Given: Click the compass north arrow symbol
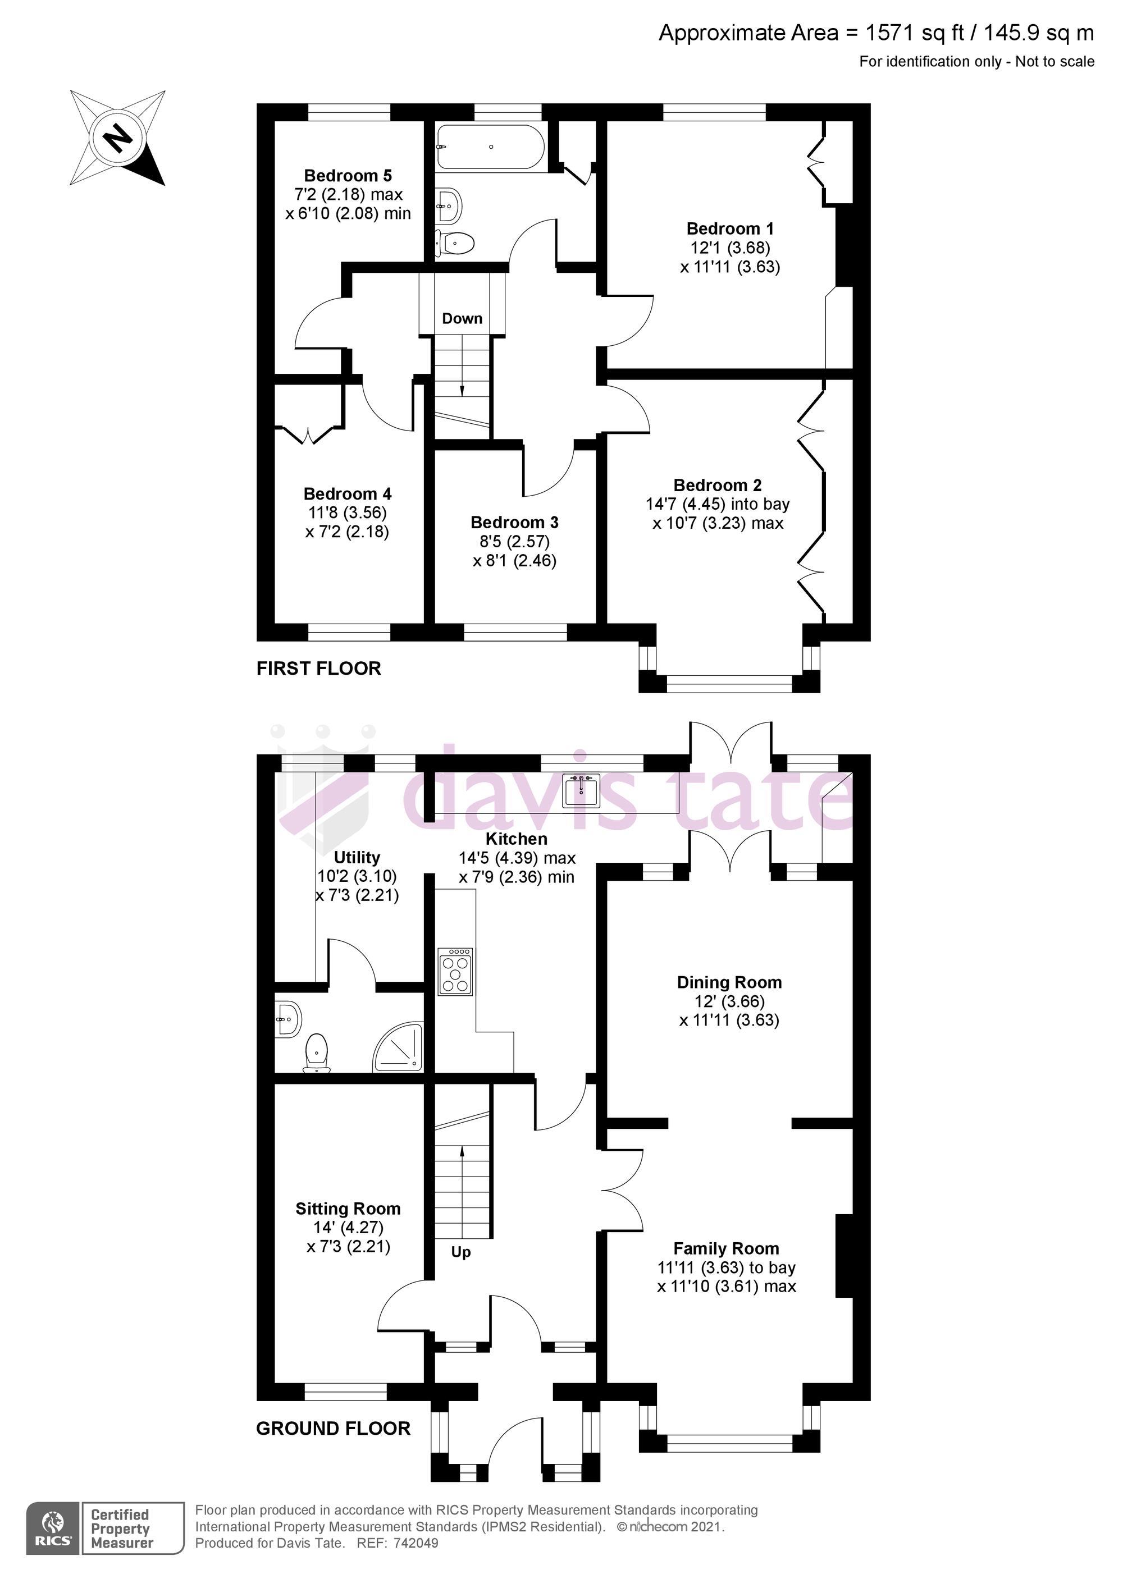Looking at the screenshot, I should (x=117, y=138).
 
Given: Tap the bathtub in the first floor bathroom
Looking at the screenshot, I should (x=491, y=147).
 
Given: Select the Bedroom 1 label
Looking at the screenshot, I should (x=729, y=228).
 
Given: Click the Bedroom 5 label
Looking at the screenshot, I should (x=348, y=176).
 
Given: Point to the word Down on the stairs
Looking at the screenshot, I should (x=462, y=318).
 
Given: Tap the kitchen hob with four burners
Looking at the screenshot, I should (x=456, y=971).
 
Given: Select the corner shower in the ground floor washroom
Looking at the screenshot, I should (x=400, y=1046).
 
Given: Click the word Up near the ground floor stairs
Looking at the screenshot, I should (x=461, y=1252).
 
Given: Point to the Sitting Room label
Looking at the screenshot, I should (x=348, y=1209).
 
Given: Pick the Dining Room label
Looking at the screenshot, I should (x=729, y=982).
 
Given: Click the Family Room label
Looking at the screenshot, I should (x=726, y=1248).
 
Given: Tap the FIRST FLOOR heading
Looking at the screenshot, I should (x=318, y=668).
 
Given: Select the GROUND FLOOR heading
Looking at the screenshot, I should (x=333, y=1427).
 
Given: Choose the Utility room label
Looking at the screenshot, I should (x=357, y=858).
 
